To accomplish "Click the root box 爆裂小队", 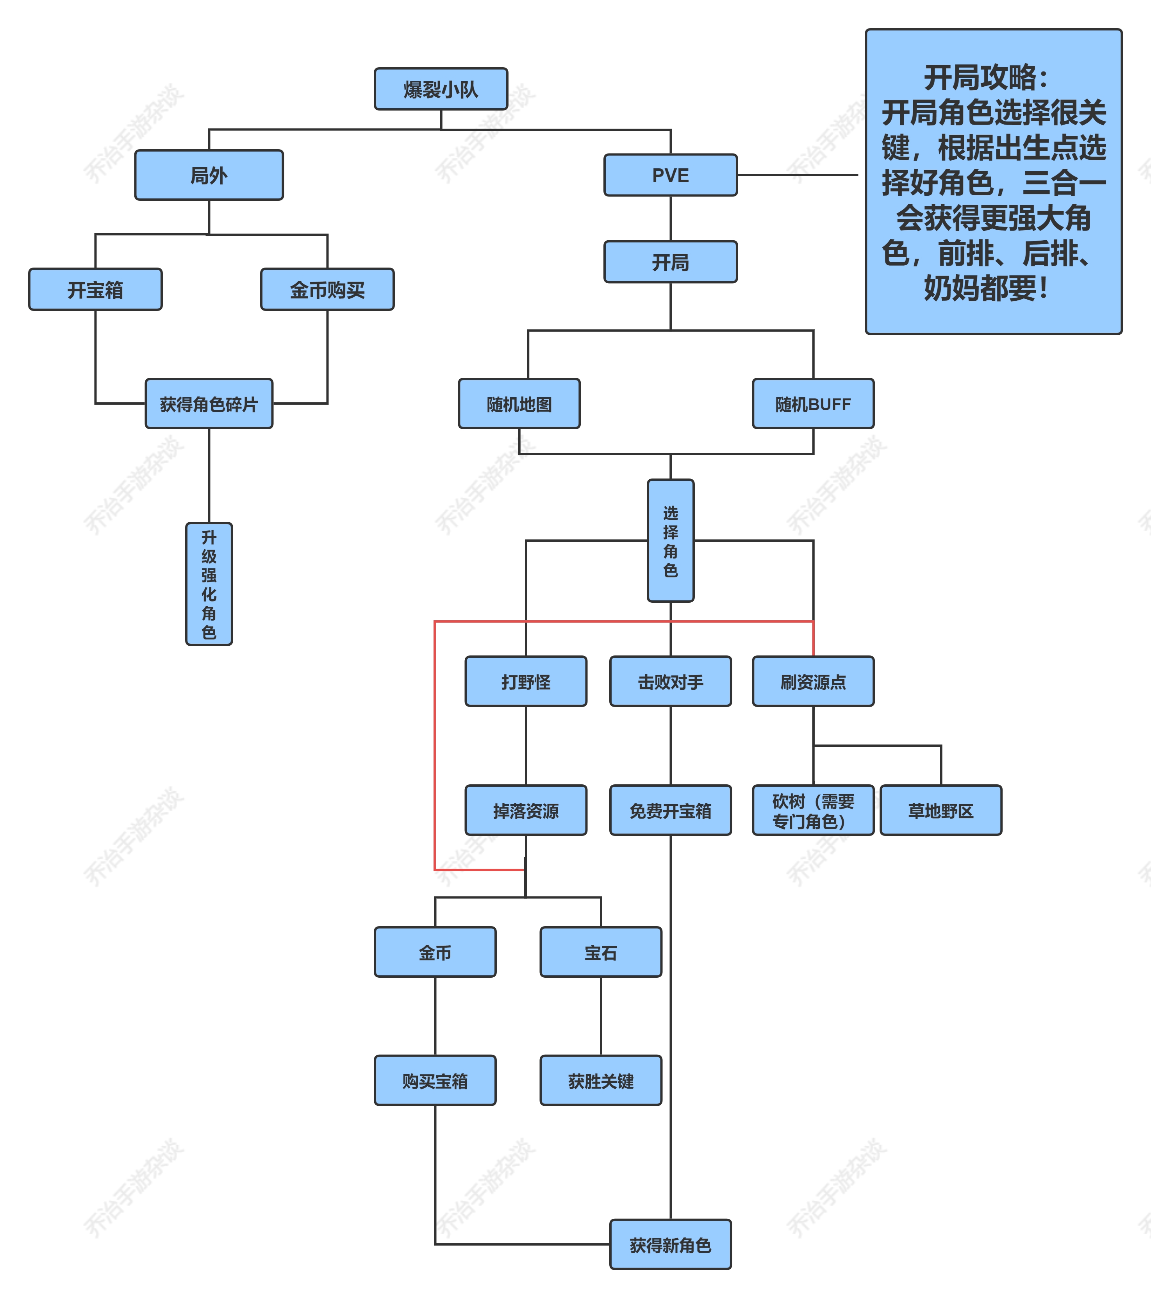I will (x=441, y=89).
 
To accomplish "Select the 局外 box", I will (x=209, y=175).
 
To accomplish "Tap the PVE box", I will (x=671, y=175).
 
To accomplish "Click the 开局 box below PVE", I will (x=671, y=262).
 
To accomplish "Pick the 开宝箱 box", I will (x=95, y=289).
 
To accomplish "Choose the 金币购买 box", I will (x=327, y=289).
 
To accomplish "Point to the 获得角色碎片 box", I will (x=209, y=404).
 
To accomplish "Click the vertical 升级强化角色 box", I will (x=209, y=584).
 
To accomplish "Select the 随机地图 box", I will (x=519, y=404).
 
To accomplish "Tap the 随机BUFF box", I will (x=813, y=404).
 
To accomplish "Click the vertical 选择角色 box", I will (x=671, y=540).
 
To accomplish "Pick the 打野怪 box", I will (x=526, y=681).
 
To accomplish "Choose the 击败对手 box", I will (x=671, y=681).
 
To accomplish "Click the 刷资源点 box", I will (x=813, y=681).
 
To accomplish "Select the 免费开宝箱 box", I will (x=671, y=810).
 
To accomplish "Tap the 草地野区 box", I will (x=941, y=810).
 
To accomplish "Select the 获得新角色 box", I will (x=671, y=1244).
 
